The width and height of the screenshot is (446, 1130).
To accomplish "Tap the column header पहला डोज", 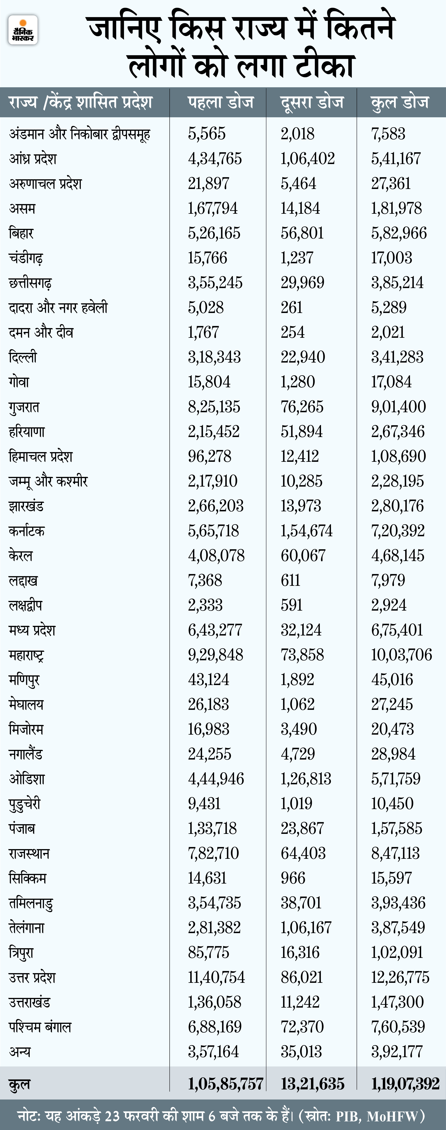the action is (221, 102).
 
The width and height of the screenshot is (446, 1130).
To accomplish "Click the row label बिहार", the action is (21, 233).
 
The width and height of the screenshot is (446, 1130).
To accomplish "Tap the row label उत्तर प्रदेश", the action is (32, 977).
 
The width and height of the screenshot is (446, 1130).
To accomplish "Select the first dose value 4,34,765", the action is (215, 159).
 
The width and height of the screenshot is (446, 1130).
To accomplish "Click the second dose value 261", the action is (292, 308).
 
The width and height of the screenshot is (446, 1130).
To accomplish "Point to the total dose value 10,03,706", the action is (401, 655).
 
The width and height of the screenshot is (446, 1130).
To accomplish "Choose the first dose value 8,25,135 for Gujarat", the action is (214, 407).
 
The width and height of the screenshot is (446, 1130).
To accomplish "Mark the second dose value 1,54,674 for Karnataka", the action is (307, 531).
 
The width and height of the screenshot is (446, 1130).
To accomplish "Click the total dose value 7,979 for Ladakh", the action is (388, 580).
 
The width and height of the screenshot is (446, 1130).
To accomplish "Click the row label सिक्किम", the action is (27, 878).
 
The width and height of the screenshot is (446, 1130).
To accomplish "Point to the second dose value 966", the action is (293, 878).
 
